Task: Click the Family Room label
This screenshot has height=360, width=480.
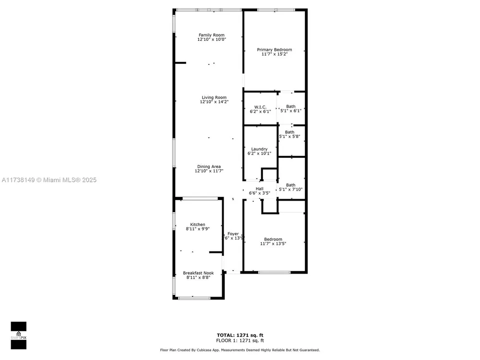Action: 212,35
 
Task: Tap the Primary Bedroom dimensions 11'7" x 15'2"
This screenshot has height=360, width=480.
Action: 275,54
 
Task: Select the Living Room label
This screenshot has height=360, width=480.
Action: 214,97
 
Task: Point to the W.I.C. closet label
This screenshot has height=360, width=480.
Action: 260,107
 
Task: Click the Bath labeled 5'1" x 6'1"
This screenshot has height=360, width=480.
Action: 291,108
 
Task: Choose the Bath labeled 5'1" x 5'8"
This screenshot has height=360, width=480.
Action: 289,134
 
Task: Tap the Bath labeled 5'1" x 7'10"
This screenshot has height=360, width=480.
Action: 291,187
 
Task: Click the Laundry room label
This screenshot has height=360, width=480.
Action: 259,149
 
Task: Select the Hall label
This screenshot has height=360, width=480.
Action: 260,189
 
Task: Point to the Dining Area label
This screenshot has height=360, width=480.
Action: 209,167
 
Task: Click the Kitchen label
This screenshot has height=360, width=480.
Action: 198,224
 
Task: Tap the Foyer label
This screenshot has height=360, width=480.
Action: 233,234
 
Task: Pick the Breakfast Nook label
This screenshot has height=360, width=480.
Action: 198,273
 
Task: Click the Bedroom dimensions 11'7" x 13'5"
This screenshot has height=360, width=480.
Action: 273,244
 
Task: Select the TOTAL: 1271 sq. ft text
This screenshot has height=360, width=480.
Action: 240,335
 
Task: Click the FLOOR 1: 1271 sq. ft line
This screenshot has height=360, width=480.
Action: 240,340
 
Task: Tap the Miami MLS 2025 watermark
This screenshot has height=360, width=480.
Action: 49,180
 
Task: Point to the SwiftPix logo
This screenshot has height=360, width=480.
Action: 19,336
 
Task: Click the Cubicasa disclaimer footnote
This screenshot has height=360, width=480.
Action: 240,350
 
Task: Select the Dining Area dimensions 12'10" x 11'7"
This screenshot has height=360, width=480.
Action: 209,171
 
